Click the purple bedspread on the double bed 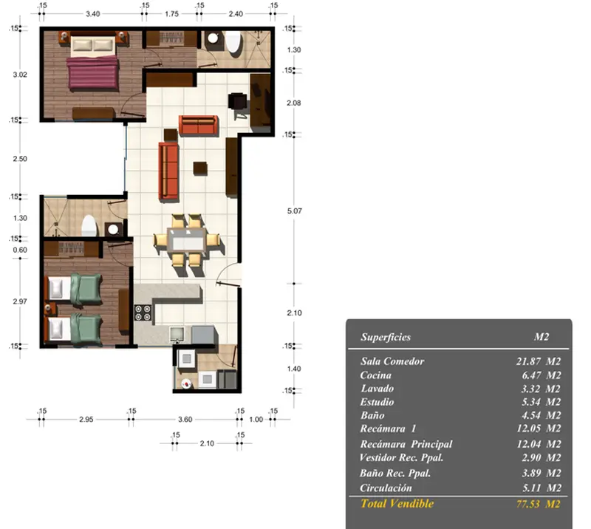pos(93,72)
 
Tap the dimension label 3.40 pos(93,14)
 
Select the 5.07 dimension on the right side pos(294,211)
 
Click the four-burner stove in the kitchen pos(143,313)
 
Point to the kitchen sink pos(177,334)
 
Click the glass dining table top pos(187,239)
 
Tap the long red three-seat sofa pos(168,171)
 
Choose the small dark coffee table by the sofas pos(200,168)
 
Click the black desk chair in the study pos(238,102)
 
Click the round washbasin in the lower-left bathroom pos(113,229)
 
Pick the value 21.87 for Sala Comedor pos(528,361)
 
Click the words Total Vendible pos(397,503)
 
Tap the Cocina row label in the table pos(375,375)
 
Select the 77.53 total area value pos(527,504)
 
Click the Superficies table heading pos(385,337)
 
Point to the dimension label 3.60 pos(185,419)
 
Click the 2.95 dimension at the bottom pos(86,419)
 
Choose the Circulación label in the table pos(386,488)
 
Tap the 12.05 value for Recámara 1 pos(529,429)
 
